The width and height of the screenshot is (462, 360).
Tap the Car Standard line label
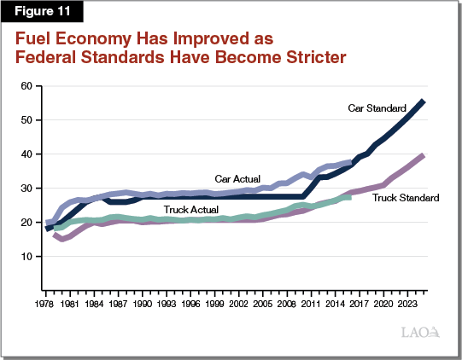[377, 108]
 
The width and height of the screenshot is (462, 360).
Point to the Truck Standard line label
[406, 198]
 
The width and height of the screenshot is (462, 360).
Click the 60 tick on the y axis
[27, 86]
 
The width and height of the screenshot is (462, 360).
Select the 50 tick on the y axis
[27, 120]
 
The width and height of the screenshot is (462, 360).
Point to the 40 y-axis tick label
[27, 154]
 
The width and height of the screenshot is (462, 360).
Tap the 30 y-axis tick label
[27, 189]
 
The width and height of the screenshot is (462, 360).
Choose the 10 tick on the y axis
[27, 257]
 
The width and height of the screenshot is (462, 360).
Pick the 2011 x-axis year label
[313, 302]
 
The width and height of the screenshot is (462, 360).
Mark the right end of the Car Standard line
[424, 102]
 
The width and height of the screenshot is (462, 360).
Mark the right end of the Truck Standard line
[424, 155]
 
